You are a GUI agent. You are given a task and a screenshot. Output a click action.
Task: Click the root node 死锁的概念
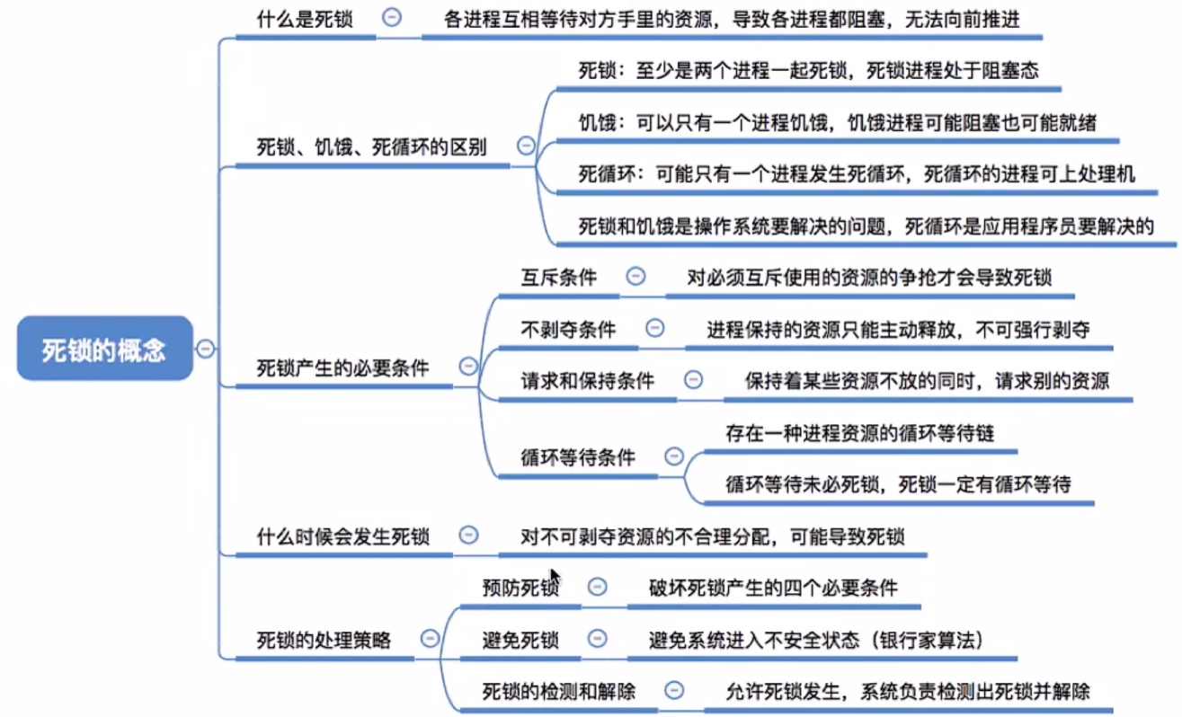104,349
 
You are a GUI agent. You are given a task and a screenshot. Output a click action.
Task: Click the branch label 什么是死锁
306,20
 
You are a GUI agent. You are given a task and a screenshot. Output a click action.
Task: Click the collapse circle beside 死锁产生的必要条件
467,366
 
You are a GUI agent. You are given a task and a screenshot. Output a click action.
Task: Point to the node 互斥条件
558,278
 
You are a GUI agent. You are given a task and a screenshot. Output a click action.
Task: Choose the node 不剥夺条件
568,329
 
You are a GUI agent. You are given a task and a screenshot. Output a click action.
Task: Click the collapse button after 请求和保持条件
693,379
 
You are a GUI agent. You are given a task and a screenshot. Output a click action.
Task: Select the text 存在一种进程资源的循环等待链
859,433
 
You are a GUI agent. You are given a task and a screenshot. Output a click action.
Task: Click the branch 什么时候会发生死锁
342,537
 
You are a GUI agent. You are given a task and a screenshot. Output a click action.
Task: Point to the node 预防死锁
520,589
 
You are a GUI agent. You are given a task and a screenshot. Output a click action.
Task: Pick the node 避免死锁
520,641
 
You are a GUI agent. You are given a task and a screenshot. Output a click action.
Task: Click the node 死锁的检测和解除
558,692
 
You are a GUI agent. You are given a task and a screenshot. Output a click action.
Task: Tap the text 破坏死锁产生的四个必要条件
773,589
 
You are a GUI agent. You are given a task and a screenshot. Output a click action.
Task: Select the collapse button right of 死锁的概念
205,349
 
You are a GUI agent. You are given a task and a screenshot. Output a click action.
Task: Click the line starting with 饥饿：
837,123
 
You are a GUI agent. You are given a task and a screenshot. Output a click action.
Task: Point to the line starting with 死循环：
856,174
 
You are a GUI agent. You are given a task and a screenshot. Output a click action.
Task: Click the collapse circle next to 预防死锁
597,588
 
